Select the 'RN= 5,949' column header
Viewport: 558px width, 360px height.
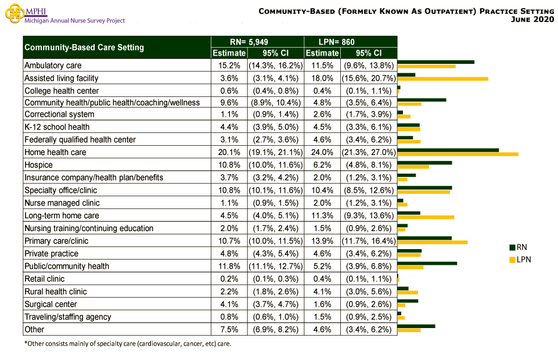[x=257, y=42]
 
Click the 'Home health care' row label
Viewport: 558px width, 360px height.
[x=55, y=152]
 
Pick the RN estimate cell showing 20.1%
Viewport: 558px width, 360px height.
[x=229, y=152]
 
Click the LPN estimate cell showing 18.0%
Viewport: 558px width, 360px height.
[x=322, y=78]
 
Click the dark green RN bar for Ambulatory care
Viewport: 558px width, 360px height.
[x=435, y=62]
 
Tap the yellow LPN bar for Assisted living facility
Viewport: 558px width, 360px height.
[x=442, y=78]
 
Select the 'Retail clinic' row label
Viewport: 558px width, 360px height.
[x=44, y=279]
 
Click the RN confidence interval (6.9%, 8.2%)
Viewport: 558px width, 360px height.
[x=275, y=330]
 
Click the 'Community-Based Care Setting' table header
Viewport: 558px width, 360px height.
[x=84, y=48]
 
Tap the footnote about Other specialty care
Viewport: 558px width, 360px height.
[x=127, y=344]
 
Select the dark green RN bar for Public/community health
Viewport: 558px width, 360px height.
[x=427, y=264]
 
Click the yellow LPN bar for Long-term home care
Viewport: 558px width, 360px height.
[x=426, y=217]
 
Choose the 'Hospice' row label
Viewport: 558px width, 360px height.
[x=38, y=165]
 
